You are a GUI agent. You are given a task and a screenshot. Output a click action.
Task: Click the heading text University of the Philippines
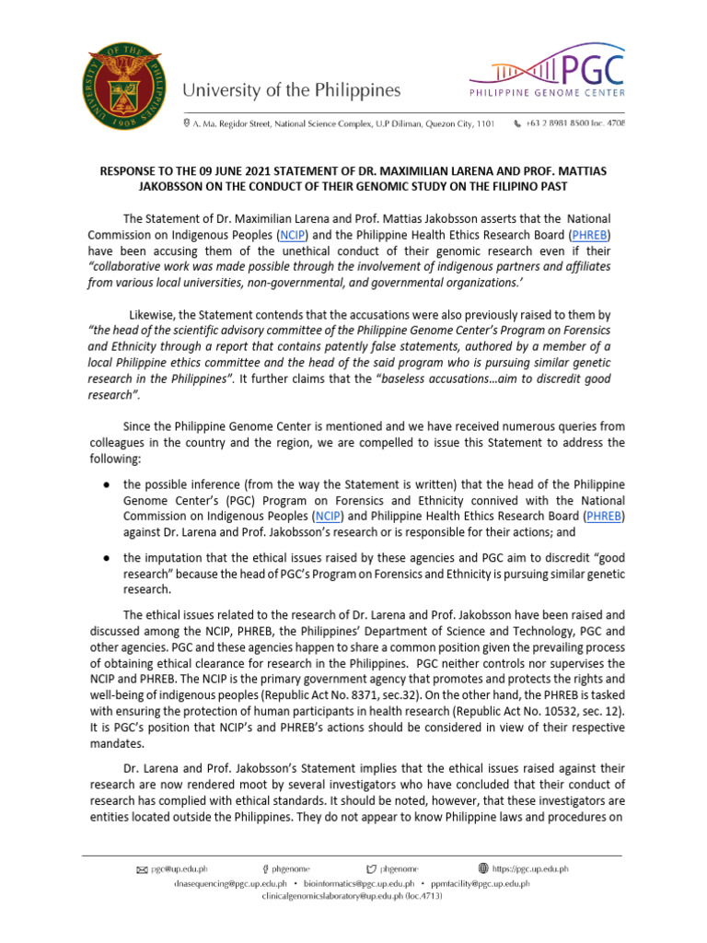point(292,90)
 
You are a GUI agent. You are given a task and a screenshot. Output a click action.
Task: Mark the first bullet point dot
point(107,484)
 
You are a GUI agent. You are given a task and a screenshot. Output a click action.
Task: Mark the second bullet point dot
point(107,557)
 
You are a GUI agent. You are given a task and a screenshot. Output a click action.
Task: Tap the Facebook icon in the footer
point(265,867)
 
